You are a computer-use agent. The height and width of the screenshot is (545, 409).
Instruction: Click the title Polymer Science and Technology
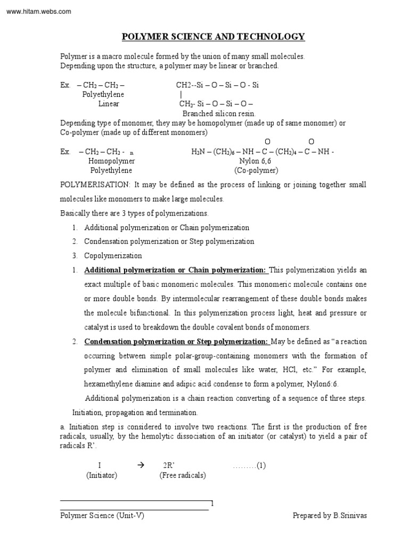[x=214, y=37]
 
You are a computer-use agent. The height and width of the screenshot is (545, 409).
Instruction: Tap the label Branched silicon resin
[x=219, y=113]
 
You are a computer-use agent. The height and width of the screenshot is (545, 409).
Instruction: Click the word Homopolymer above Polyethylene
[x=111, y=161]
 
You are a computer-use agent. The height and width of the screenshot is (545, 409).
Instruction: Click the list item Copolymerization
[x=113, y=255]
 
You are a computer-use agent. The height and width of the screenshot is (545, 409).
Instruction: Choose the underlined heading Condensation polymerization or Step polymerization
[x=176, y=341]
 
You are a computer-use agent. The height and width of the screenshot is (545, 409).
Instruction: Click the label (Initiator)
[x=102, y=475]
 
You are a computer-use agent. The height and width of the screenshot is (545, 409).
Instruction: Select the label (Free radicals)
[x=183, y=475]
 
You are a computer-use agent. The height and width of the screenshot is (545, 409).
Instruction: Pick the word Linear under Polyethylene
[x=109, y=104]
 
